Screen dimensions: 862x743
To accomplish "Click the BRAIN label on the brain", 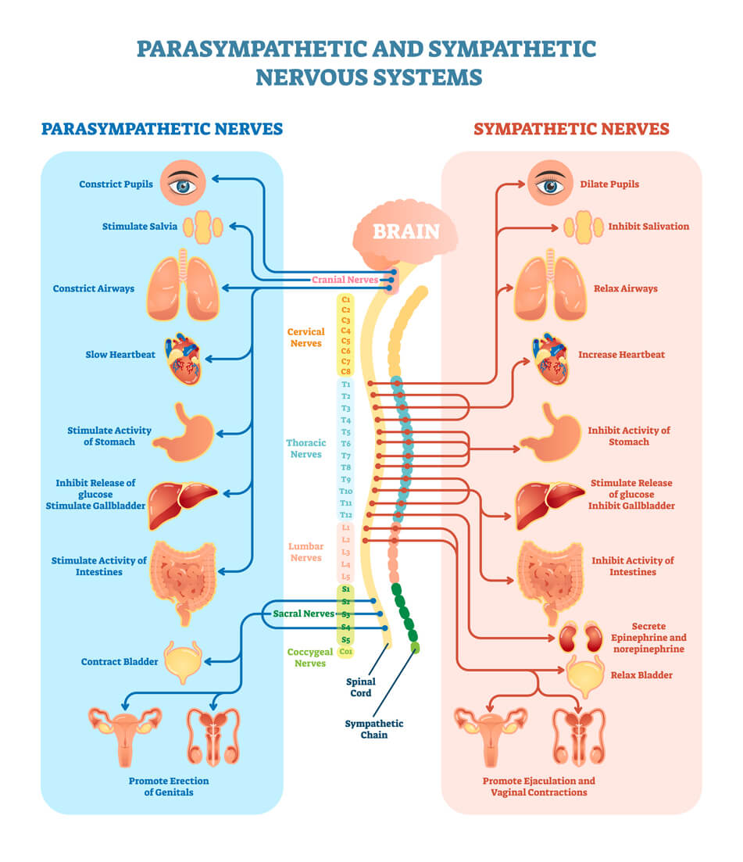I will [x=405, y=231].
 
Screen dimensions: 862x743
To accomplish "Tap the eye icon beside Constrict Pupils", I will [x=184, y=185].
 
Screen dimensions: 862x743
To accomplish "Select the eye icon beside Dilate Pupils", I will [x=551, y=185].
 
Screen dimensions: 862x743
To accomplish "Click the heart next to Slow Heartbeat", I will [x=184, y=359].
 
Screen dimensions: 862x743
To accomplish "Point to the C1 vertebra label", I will [x=346, y=299].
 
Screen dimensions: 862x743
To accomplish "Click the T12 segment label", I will [x=346, y=515].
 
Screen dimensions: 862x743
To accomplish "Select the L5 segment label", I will [x=346, y=576].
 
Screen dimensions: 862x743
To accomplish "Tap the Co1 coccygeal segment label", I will [x=346, y=650].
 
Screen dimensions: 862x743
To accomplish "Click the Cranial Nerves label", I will [x=345, y=279].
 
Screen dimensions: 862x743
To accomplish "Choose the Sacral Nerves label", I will [x=303, y=613].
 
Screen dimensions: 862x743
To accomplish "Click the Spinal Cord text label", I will [x=361, y=687].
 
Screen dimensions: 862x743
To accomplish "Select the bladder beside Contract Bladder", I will [x=184, y=660].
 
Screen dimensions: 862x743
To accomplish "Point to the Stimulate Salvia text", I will [x=140, y=227].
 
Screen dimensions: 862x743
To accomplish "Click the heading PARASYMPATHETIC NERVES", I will [x=162, y=128].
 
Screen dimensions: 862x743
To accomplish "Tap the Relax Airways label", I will [x=625, y=288].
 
